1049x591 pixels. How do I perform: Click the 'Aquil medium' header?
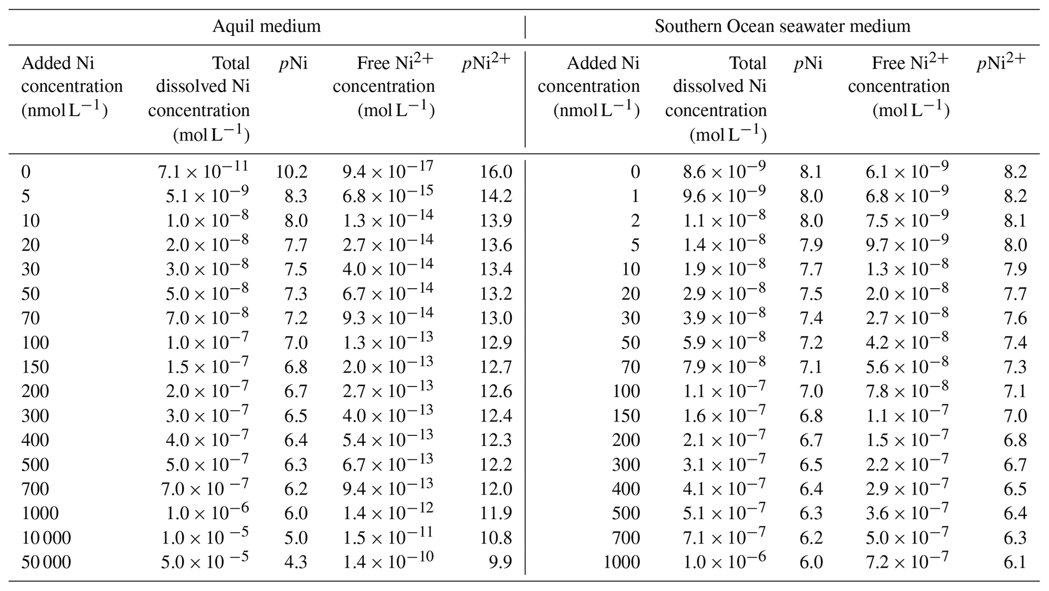[266, 26]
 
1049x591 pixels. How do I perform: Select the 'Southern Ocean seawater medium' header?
[782, 26]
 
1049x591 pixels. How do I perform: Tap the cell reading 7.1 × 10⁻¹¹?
[204, 171]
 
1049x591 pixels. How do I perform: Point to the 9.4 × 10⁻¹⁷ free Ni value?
[388, 171]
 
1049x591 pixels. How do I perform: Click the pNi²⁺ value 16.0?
[495, 172]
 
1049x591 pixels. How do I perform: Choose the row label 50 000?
[46, 562]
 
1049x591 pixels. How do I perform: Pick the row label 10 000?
[46, 538]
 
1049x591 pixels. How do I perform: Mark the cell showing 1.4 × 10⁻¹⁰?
[388, 561]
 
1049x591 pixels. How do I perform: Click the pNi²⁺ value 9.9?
[500, 562]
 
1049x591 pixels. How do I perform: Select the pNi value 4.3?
[295, 562]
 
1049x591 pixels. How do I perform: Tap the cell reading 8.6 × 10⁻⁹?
[724, 171]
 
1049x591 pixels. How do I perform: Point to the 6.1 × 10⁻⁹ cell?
[907, 171]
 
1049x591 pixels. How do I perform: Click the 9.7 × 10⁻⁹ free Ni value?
[907, 244]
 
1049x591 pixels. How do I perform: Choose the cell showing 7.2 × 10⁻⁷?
[907, 561]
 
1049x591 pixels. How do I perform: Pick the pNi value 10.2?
[292, 172]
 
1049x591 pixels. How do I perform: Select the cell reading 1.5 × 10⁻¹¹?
[388, 537]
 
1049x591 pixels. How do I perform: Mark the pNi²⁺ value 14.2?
[495, 196]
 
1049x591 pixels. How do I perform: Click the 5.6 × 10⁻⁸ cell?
[907, 366]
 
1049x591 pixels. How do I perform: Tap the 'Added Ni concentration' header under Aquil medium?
[72, 86]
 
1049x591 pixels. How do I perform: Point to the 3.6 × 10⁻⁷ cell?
[907, 512]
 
